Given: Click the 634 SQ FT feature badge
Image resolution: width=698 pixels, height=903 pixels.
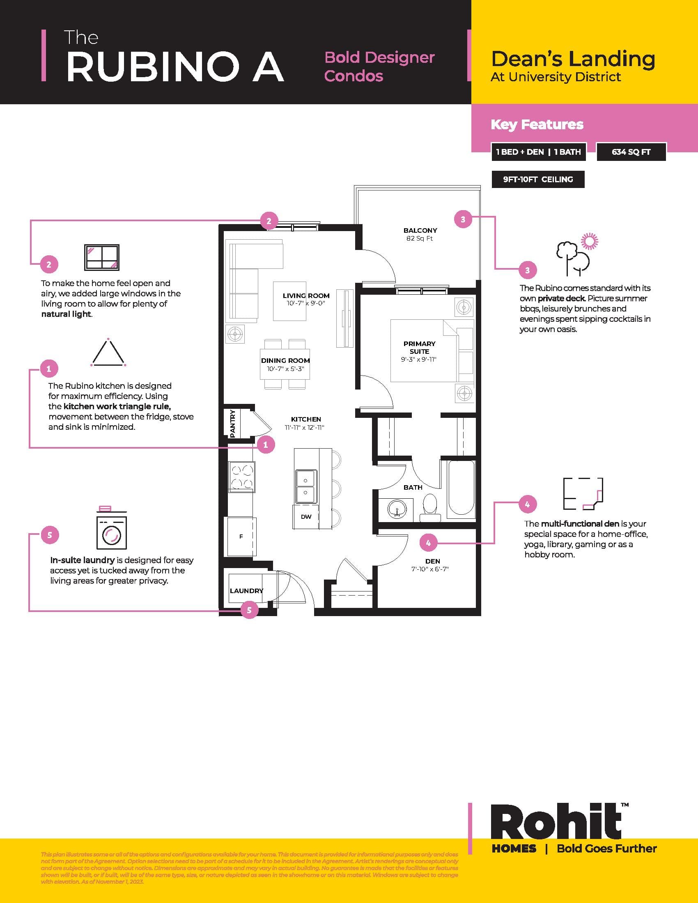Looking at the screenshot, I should point(631,152).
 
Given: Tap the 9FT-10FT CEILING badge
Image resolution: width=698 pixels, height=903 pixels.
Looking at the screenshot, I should point(537,179).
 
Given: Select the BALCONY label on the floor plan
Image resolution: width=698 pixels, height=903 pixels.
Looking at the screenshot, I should point(420,230).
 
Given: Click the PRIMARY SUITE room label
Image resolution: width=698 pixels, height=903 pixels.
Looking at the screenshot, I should point(419,347).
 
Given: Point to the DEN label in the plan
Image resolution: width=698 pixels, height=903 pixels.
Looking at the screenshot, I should point(432,561).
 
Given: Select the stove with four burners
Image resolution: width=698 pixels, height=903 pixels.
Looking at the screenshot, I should point(242,477).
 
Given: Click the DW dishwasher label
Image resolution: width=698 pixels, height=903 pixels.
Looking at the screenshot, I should point(306,517).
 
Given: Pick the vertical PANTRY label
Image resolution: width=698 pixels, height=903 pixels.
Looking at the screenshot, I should point(232,424).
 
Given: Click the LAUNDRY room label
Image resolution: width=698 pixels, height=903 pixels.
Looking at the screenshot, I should point(246,591).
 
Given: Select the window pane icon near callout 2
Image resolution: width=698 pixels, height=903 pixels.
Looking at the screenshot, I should point(102,257).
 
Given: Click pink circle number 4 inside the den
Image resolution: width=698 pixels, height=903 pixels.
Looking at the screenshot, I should point(428,543).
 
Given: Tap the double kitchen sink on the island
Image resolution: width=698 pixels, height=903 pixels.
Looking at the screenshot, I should point(305,487).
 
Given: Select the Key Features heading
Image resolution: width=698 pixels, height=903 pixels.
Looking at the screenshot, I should point(537,124).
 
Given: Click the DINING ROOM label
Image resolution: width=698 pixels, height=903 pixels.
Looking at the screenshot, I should point(285,360).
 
